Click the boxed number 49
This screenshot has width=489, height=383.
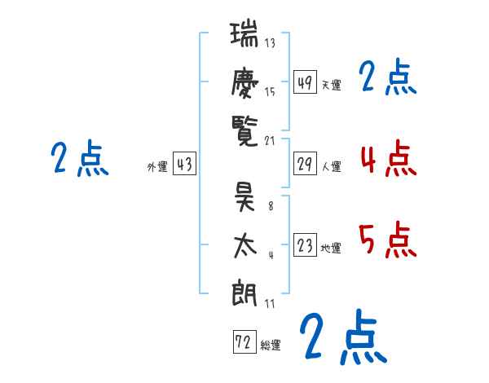[x=305, y=82]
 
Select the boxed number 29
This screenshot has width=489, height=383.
[x=305, y=164]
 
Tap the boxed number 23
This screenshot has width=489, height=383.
[x=305, y=245]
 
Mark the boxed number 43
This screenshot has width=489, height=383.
[x=184, y=165]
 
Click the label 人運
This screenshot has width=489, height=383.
[x=331, y=167]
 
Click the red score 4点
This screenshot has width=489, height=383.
[x=387, y=157]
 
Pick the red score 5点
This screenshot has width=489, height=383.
[x=387, y=240]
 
